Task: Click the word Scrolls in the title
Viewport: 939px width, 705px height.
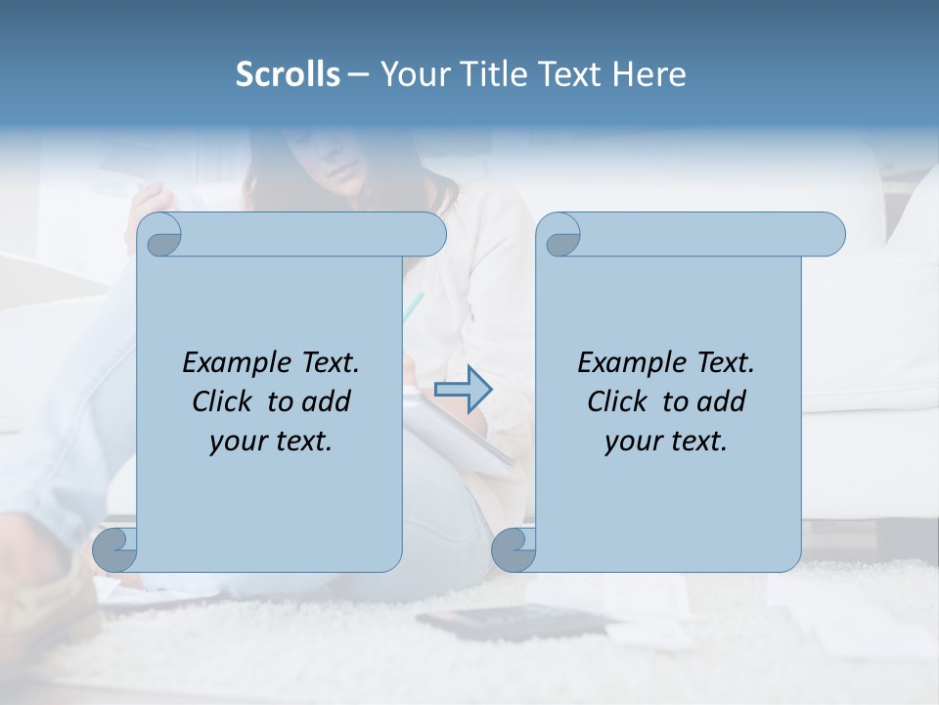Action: point(288,74)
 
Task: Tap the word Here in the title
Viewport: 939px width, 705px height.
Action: point(649,74)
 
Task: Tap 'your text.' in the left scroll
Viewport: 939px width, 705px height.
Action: point(271,443)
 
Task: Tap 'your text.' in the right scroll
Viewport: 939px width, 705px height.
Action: point(666,443)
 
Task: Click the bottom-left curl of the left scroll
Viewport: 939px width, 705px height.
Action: point(115,550)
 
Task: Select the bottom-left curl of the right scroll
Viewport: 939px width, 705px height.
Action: point(514,550)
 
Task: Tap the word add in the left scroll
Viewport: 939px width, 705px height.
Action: point(328,402)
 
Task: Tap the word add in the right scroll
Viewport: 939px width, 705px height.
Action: point(723,402)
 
